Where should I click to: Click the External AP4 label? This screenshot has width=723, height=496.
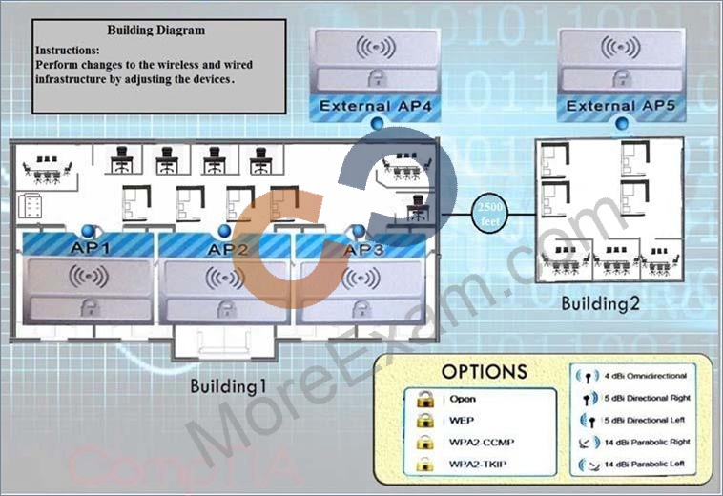coord(376,106)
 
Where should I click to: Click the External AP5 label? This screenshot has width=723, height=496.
coord(621,106)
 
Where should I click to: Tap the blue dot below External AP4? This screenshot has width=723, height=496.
coord(377,123)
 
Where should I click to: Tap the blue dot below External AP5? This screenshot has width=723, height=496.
coord(622,123)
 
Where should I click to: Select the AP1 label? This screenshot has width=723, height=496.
coord(91,248)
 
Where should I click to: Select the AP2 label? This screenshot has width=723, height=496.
coord(228,249)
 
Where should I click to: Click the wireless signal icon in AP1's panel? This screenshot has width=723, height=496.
coord(89,277)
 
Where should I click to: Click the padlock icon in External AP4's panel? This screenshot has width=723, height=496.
coord(377,79)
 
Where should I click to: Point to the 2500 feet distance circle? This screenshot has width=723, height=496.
coord(489,214)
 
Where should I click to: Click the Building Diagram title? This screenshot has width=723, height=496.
coord(156,31)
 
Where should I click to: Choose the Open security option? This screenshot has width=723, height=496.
coord(463,400)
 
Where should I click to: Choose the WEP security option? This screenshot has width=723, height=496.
coord(461,421)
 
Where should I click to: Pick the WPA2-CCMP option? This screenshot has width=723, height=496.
coord(482,442)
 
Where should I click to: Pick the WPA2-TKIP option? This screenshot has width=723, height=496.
coord(478,464)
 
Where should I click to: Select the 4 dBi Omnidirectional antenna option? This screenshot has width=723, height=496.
coord(645,376)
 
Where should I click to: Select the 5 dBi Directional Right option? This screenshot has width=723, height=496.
coord(648,398)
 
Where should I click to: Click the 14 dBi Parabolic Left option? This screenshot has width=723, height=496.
coord(644,464)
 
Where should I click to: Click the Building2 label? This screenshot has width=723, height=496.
coord(600,303)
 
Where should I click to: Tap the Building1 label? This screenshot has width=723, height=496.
coord(228,386)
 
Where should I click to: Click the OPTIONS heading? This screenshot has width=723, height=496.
coord(485,372)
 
